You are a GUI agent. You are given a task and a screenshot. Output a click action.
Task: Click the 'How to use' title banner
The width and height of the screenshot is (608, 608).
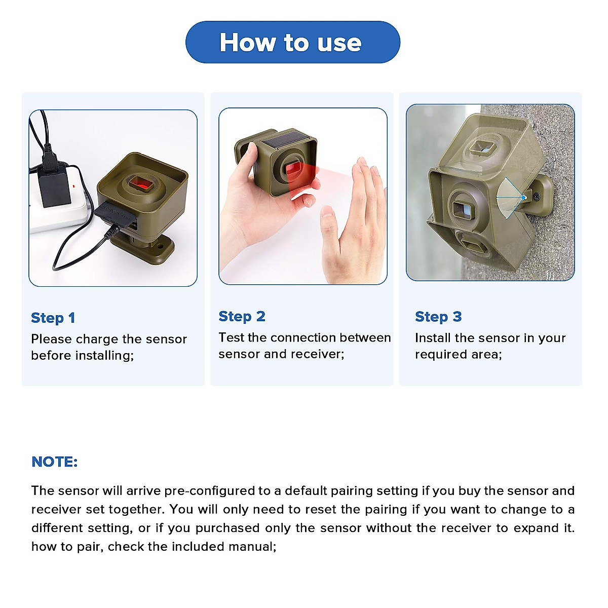[x=292, y=42]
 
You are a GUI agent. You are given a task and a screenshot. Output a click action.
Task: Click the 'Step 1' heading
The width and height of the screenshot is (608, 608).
[x=53, y=318]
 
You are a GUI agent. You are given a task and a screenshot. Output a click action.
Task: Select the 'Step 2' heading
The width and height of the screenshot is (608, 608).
[x=242, y=317]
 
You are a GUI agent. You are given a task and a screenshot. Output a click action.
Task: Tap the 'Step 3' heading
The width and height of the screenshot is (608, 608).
[x=438, y=317]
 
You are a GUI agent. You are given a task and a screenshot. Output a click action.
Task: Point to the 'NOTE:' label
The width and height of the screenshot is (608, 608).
[x=54, y=462]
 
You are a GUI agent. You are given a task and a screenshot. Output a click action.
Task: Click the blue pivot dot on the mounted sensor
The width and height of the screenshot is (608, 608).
[x=524, y=198]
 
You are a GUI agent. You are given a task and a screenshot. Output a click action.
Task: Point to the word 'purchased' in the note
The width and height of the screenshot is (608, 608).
[x=227, y=528]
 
